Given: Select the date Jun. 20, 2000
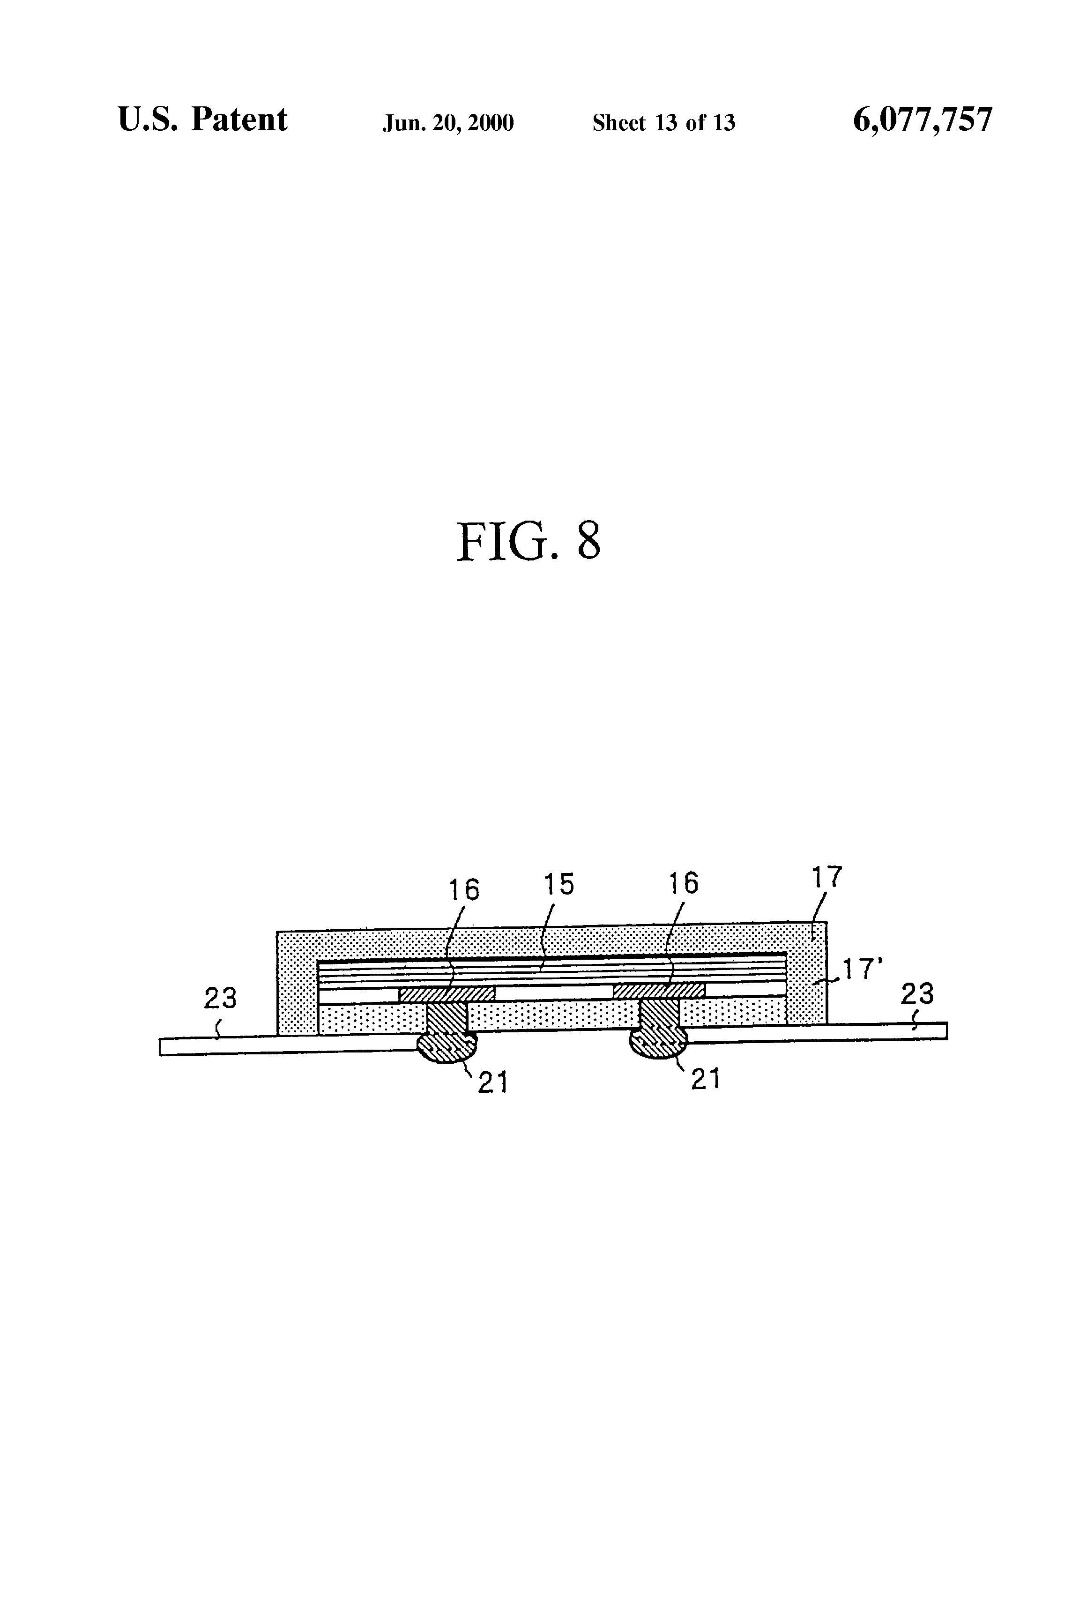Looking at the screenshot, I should (448, 123).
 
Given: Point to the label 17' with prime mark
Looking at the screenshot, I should (862, 969).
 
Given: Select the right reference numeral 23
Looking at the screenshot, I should (917, 993).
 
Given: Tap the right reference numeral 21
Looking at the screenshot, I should (706, 1080).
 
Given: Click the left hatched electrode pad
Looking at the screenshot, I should (447, 993).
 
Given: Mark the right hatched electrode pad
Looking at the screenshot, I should (659, 990).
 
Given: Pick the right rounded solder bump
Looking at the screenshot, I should (659, 1044).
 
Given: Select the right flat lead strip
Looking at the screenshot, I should (818, 1033).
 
